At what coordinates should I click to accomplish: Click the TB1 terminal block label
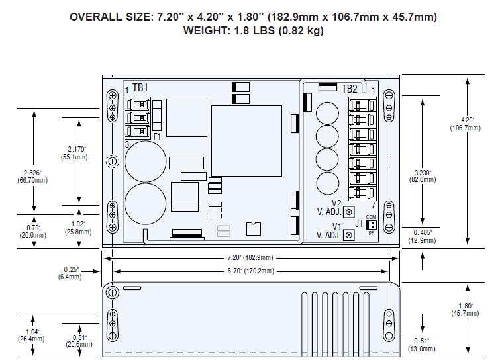click(x=140, y=87)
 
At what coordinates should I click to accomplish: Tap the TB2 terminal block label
click(x=350, y=89)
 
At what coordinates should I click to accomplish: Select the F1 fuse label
click(x=158, y=136)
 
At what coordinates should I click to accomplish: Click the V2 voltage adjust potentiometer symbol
click(x=349, y=212)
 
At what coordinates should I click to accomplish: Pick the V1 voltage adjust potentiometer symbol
click(x=349, y=235)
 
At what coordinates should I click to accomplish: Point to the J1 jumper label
click(x=359, y=224)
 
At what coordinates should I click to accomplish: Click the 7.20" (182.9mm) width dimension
click(x=250, y=257)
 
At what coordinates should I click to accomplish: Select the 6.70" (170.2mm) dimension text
click(x=250, y=271)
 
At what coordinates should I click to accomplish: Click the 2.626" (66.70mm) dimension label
click(x=32, y=177)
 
